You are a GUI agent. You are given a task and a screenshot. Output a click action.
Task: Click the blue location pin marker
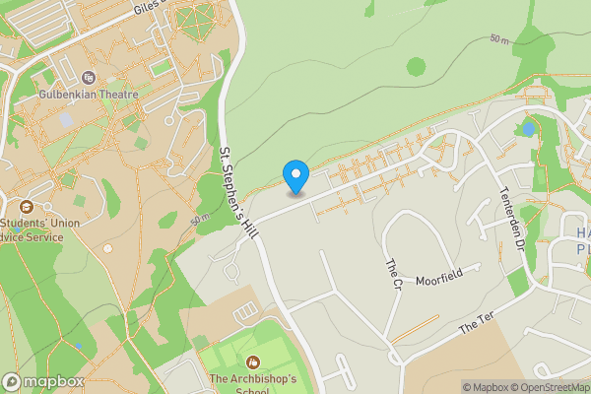(295, 176)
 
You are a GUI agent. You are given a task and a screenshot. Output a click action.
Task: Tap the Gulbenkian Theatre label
(86, 98)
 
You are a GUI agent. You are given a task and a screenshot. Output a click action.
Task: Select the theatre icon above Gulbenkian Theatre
(88, 78)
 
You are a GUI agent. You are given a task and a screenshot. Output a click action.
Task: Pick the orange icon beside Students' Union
(26, 207)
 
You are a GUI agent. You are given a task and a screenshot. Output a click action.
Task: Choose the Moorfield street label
(438, 281)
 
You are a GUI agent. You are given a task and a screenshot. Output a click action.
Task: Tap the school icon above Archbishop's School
(253, 362)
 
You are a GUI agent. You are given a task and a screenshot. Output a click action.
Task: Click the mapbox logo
(42, 382)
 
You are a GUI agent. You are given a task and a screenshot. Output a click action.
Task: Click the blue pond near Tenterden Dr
(529, 128)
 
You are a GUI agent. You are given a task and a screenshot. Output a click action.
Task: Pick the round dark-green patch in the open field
(416, 67)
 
